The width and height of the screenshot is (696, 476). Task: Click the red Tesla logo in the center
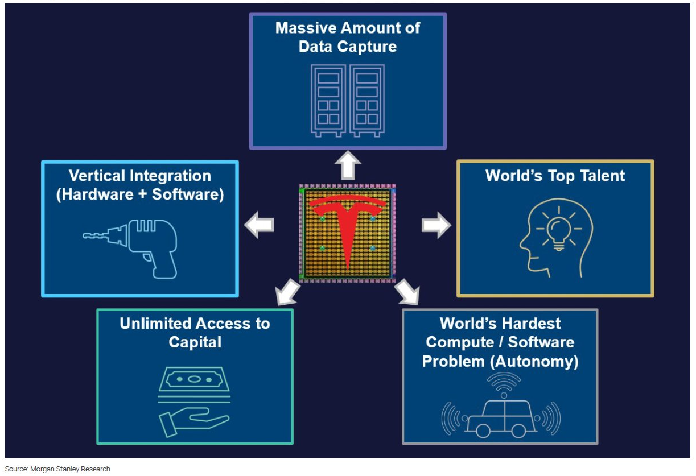point(347,227)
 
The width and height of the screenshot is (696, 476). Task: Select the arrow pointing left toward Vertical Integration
point(260,226)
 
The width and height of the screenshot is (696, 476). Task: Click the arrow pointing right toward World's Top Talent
point(435,226)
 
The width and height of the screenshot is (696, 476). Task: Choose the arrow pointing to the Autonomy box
point(407,292)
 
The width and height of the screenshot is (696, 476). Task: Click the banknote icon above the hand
point(195,379)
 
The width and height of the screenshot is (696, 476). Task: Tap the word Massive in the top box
point(307,28)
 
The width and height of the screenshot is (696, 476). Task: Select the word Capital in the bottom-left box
point(195,342)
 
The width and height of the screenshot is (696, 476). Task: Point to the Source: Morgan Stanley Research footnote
point(57,469)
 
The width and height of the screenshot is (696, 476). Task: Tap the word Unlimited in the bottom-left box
point(155,324)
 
